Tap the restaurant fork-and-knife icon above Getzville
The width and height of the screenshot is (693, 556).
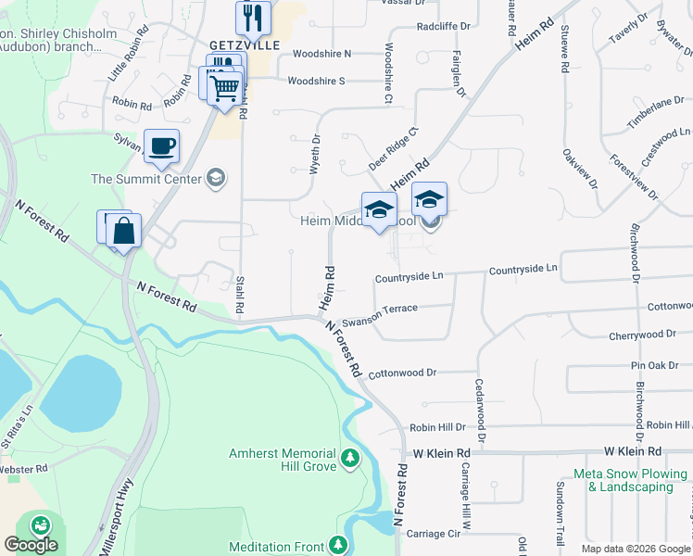pyautogui.click(x=252, y=17)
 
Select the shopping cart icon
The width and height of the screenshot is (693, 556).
pyautogui.click(x=224, y=89)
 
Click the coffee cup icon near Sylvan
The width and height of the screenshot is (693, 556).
pyautogui.click(x=161, y=145)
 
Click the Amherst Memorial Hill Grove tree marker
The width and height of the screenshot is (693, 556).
pyautogui.click(x=350, y=457)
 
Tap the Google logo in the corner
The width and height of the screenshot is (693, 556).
pyautogui.click(x=31, y=545)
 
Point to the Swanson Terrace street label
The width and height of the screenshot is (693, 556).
pyautogui.click(x=380, y=315)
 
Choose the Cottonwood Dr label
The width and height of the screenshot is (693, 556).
pyautogui.click(x=401, y=373)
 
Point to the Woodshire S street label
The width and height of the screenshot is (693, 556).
pyautogui.click(x=316, y=81)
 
